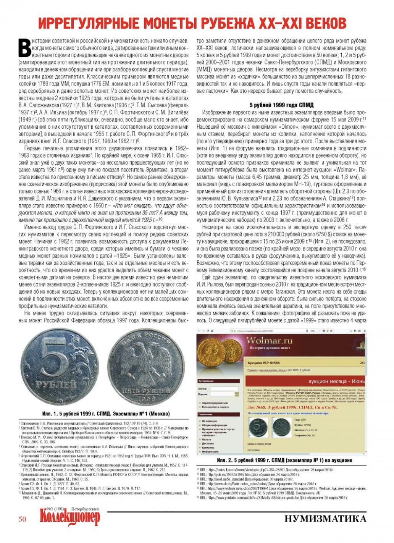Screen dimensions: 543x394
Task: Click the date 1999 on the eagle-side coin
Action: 147,398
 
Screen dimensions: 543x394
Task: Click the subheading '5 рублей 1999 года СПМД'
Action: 281,105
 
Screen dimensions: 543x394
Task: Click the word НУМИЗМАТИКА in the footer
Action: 325,518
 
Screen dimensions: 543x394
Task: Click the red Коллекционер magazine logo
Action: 69,518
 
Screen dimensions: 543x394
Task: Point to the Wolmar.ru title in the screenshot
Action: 269,341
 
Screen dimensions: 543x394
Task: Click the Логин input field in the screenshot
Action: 221,389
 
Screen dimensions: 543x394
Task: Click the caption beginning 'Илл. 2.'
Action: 284,461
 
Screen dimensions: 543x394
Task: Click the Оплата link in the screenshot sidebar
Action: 207,440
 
